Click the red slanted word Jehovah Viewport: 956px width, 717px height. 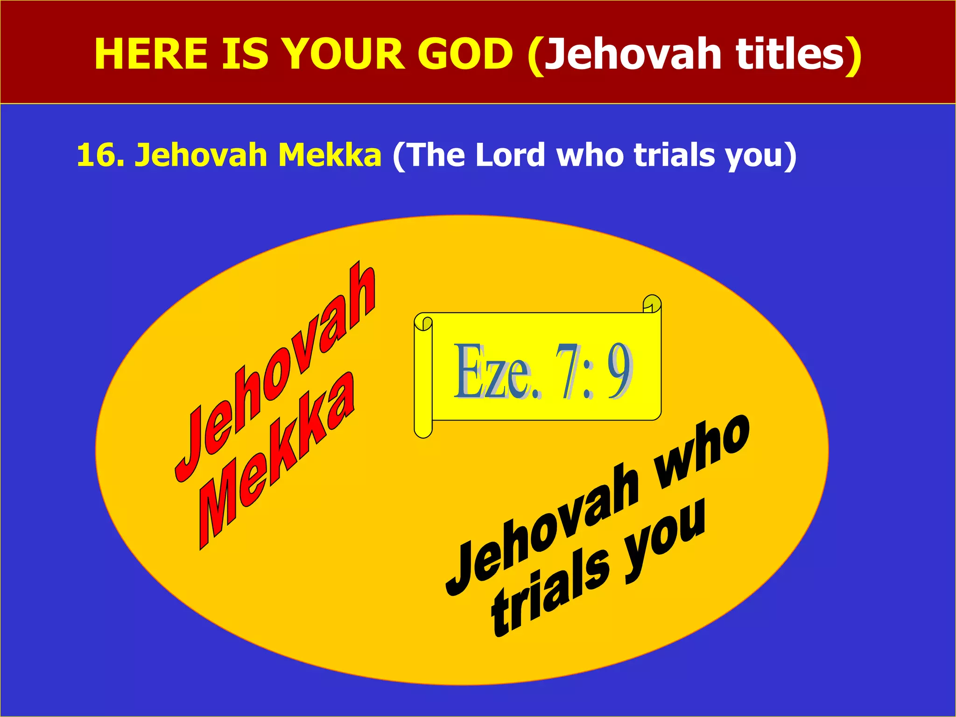[275, 373]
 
